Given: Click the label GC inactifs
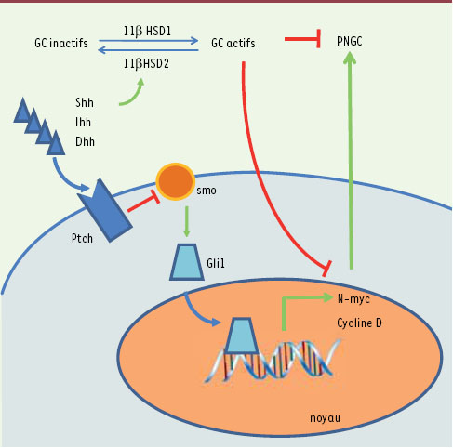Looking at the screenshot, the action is point(61,43).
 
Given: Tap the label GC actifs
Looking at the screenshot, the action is point(233,43).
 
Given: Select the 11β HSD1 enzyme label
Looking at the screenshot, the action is point(147,32).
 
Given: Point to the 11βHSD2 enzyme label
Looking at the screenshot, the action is point(146,63).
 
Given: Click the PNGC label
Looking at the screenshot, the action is point(350,41).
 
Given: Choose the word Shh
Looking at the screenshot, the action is point(85,102).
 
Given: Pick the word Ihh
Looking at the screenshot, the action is point(83,122).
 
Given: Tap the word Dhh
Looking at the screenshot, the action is point(85,141).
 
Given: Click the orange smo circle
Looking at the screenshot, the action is point(175,181).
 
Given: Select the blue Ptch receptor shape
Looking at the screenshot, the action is point(105,211).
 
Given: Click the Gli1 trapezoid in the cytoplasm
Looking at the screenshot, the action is point(187,262).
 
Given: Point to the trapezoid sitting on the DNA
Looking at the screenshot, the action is point(242,336).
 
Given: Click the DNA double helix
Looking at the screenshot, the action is point(273,360).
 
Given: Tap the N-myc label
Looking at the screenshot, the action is point(353,299).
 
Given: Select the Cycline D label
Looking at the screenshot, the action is point(359,323).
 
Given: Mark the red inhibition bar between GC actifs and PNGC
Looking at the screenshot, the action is point(302,39).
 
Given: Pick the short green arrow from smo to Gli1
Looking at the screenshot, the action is point(186,222).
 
